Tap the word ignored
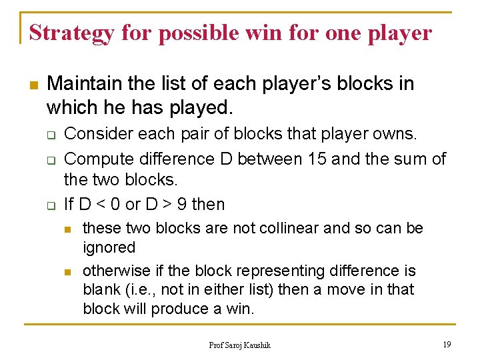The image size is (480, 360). [109, 247]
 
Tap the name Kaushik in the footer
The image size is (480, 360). [257, 345]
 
